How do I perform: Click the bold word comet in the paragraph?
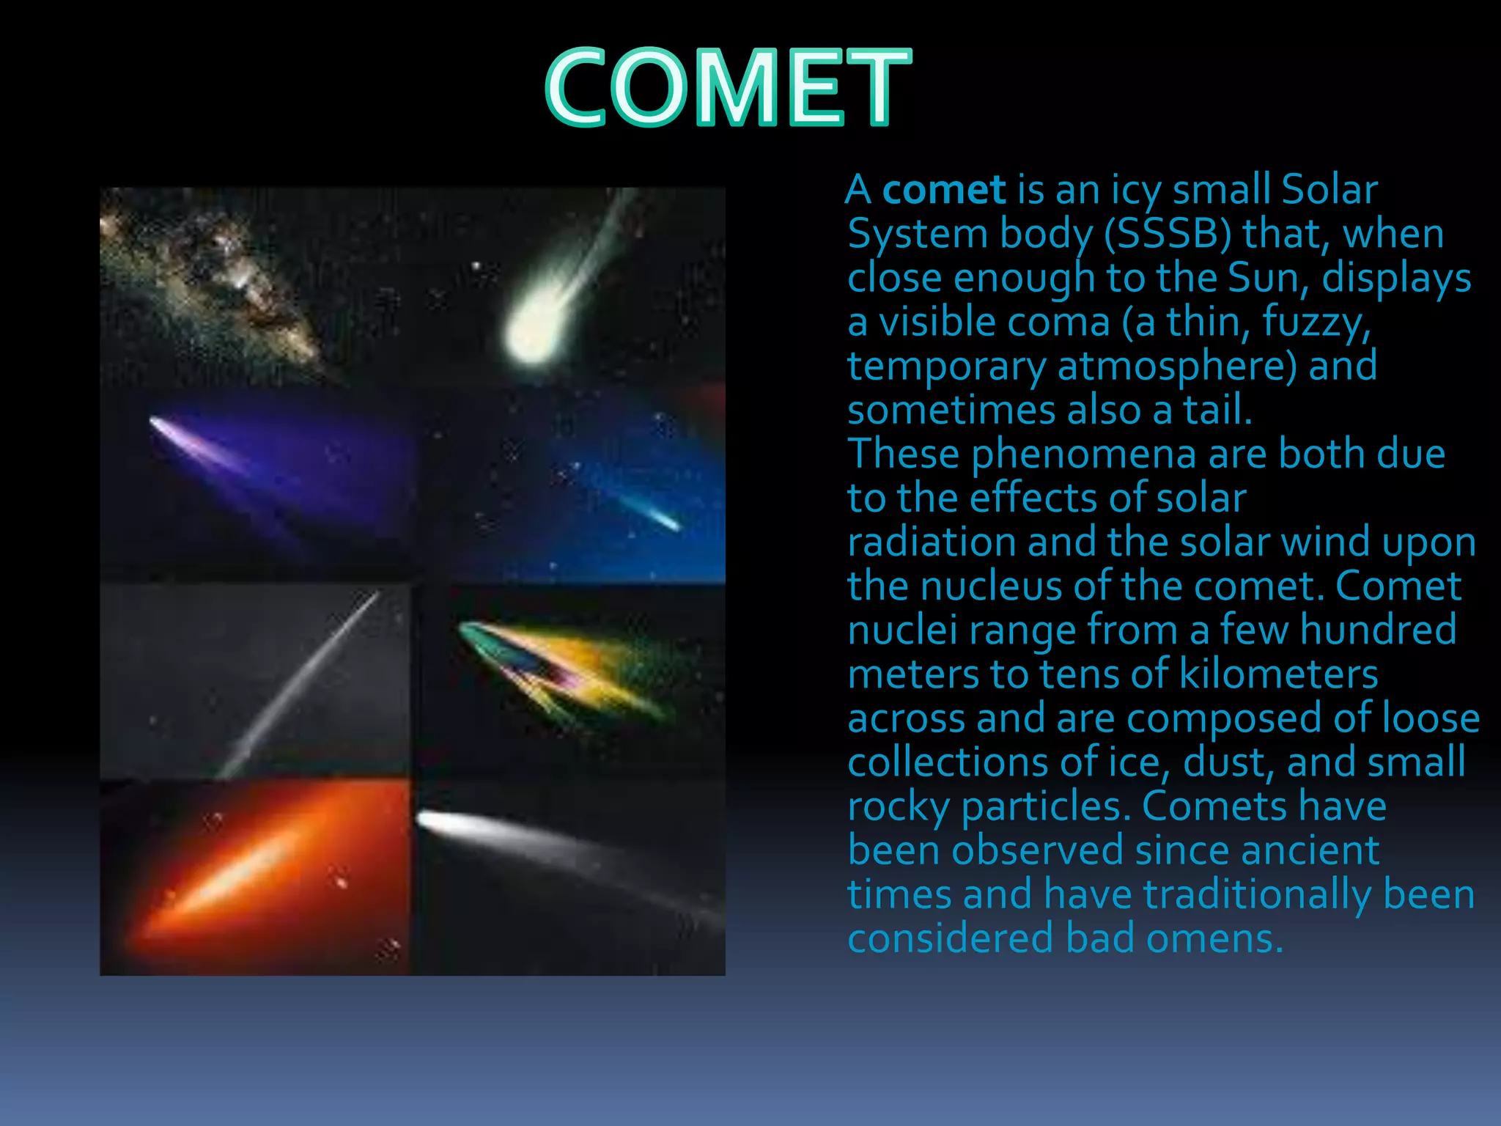943,191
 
